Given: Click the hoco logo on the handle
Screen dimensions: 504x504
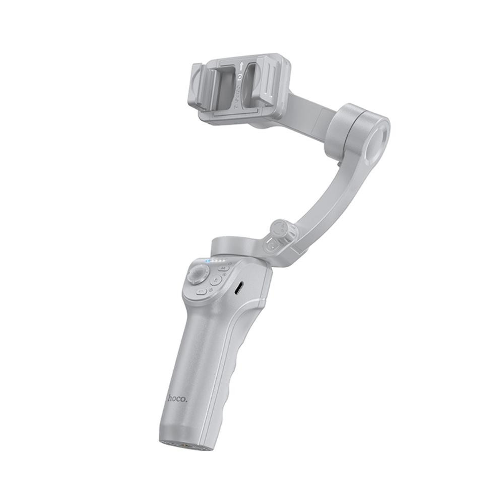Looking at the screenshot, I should tap(177, 399).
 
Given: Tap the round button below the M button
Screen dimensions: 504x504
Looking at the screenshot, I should tap(216, 281).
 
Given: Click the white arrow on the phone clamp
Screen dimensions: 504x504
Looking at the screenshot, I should tap(242, 66).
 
